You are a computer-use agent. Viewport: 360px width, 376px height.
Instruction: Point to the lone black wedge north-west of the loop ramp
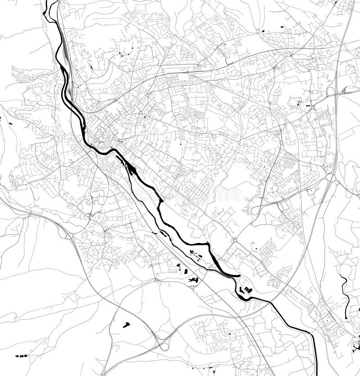point(126,324)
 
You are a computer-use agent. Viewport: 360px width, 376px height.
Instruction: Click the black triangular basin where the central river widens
point(131,170)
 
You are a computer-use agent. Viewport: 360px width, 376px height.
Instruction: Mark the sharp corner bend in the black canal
point(208,245)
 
